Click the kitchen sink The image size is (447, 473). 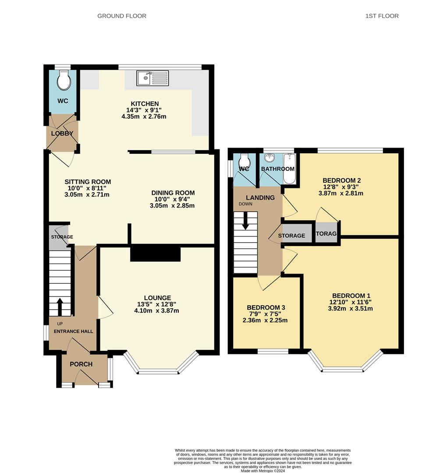(153, 78)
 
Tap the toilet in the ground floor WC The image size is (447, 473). (64, 80)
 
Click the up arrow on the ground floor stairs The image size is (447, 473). (60, 307)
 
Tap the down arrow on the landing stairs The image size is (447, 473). (245, 220)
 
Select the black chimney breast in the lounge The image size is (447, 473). (156, 254)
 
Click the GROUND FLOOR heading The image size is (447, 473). (122, 16)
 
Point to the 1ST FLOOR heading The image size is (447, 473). (382, 16)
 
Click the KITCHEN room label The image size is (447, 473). (145, 104)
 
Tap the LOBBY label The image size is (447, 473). (62, 133)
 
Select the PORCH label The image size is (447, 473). (81, 364)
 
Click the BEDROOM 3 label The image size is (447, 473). (266, 307)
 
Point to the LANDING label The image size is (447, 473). (260, 198)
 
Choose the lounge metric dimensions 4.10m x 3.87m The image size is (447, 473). (156, 311)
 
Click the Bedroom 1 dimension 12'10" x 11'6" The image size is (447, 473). (351, 302)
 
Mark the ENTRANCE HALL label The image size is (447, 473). (73, 331)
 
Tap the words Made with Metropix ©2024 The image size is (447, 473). (263, 470)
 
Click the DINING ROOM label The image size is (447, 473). (173, 193)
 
